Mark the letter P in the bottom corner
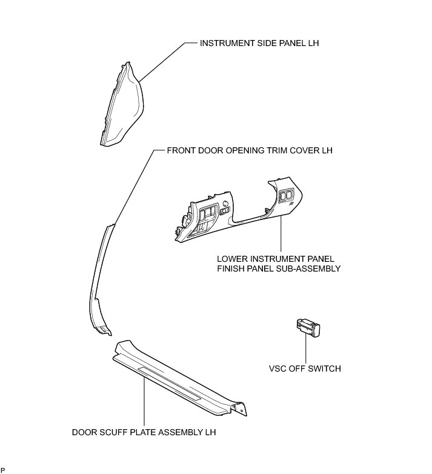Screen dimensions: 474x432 [3, 470]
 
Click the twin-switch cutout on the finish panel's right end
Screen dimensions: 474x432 [287, 195]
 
